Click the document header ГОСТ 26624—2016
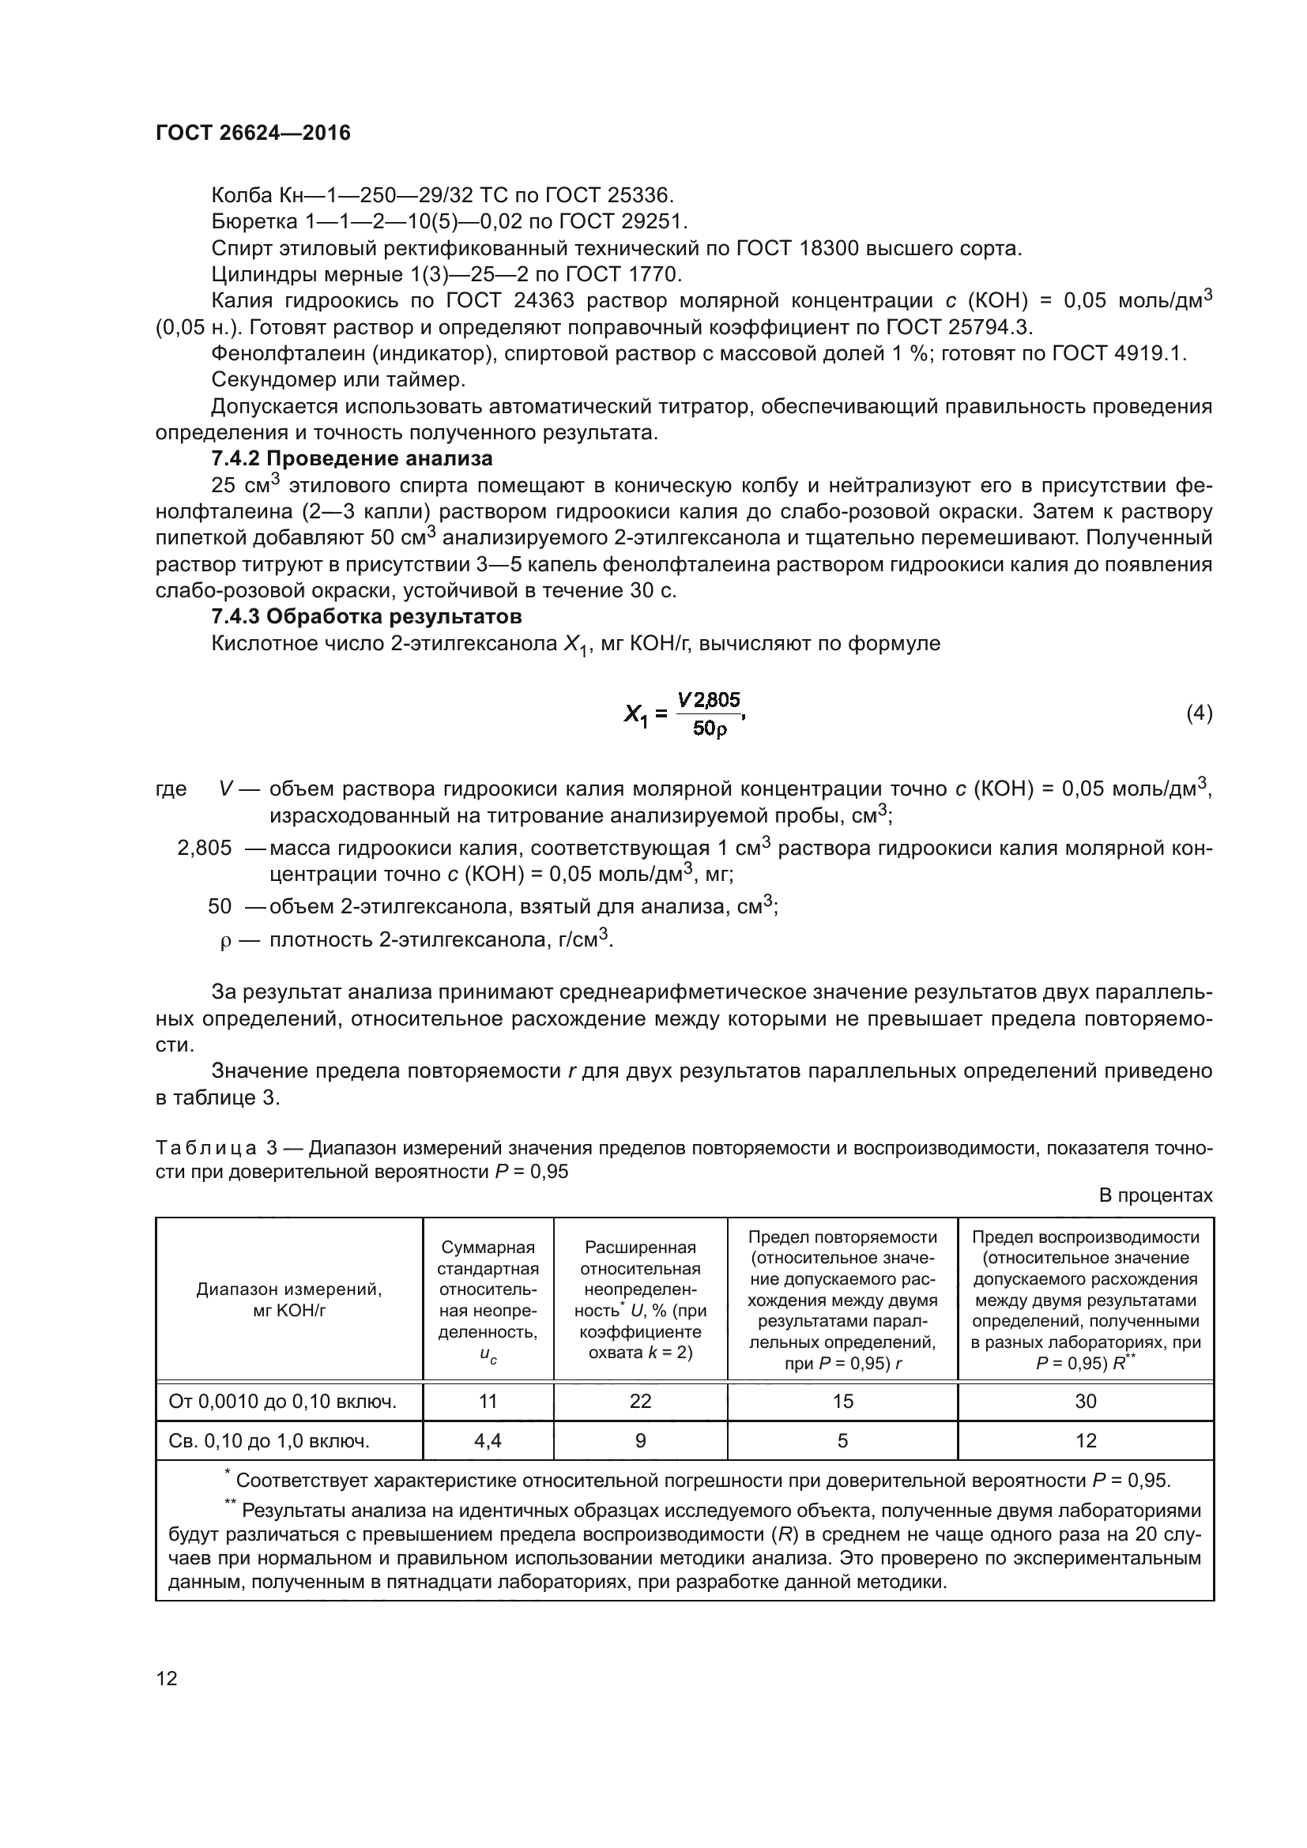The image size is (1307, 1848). [253, 133]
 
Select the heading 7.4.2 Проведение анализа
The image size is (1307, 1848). [352, 459]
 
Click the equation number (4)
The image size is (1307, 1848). [1199, 713]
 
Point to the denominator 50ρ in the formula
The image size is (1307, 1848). [709, 729]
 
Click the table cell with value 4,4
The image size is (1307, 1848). [488, 1441]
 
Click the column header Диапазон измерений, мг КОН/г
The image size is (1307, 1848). [289, 1300]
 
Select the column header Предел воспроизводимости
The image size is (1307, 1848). [1085, 1237]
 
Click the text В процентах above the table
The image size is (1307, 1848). [1155, 1195]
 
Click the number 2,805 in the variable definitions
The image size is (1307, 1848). [205, 848]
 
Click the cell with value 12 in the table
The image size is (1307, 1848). [1085, 1441]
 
